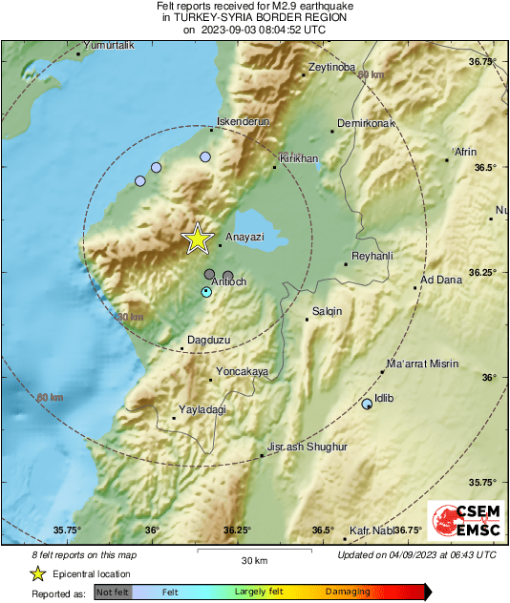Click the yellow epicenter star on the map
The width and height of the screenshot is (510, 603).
(197, 239)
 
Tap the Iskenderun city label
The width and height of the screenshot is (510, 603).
(244, 122)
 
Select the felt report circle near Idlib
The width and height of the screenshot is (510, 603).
(368, 405)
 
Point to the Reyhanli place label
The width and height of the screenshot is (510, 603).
(372, 256)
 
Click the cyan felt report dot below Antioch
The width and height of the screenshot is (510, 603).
(206, 292)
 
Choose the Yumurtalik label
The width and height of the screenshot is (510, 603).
(108, 46)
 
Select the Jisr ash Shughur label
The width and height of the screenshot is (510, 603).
(307, 447)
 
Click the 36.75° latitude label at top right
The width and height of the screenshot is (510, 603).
(483, 61)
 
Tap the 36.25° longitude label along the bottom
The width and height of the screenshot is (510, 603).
(237, 530)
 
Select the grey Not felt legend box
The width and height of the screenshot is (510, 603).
(113, 592)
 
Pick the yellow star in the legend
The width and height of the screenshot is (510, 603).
(38, 573)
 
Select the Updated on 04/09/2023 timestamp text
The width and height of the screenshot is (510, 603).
(416, 554)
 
